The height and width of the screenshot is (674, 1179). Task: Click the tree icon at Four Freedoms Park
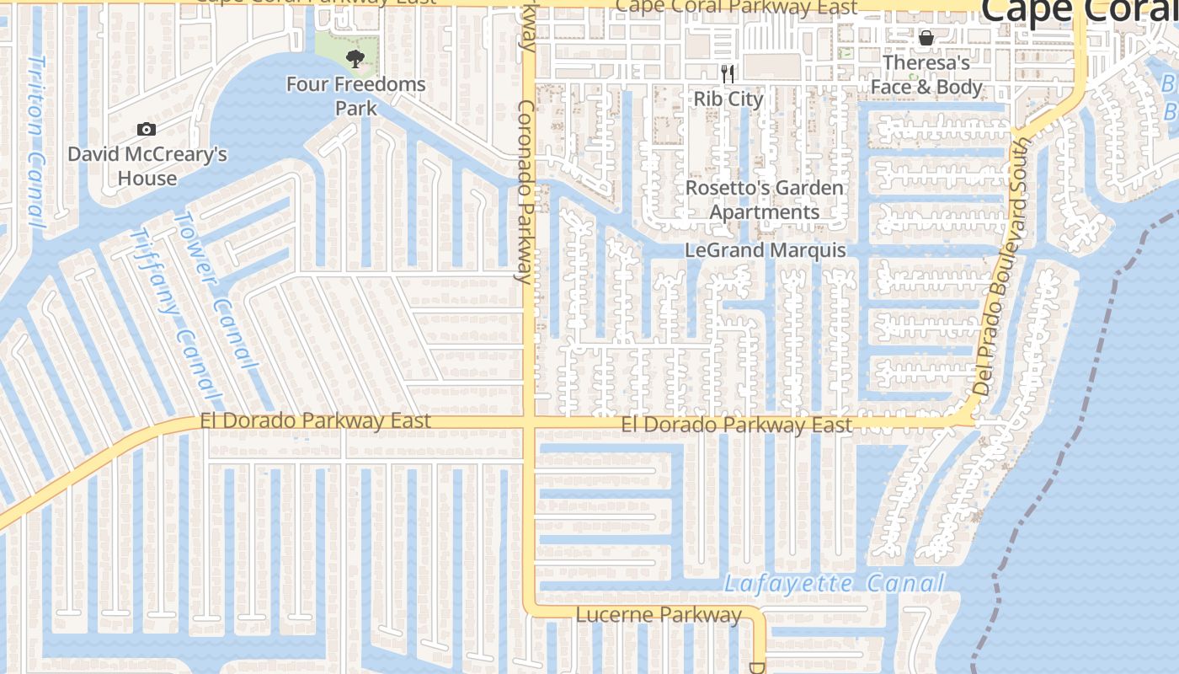[x=355, y=58]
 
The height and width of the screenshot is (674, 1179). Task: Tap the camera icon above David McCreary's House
[x=147, y=129]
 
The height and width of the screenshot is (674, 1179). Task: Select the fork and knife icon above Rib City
[x=728, y=74]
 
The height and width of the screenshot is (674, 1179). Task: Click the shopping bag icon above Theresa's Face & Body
[x=926, y=38]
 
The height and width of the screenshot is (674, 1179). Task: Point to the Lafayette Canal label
[x=834, y=583]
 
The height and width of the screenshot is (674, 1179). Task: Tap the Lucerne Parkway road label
[x=659, y=615]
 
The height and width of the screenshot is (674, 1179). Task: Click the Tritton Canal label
[x=35, y=142]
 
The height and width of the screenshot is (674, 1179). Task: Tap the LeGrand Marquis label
[x=765, y=250]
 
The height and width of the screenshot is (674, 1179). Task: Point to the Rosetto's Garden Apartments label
[x=764, y=200]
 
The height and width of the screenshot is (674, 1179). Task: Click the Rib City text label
[x=728, y=99]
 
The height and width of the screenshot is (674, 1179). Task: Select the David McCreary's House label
[x=147, y=166]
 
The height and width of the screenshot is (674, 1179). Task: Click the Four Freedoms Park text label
[x=355, y=96]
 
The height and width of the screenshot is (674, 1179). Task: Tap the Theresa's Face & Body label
[x=926, y=75]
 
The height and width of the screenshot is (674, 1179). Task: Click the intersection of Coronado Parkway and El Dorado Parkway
[x=529, y=422]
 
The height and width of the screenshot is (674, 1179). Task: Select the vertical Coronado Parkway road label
[x=527, y=192]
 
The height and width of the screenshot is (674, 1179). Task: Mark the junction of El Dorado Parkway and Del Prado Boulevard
[x=968, y=416]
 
